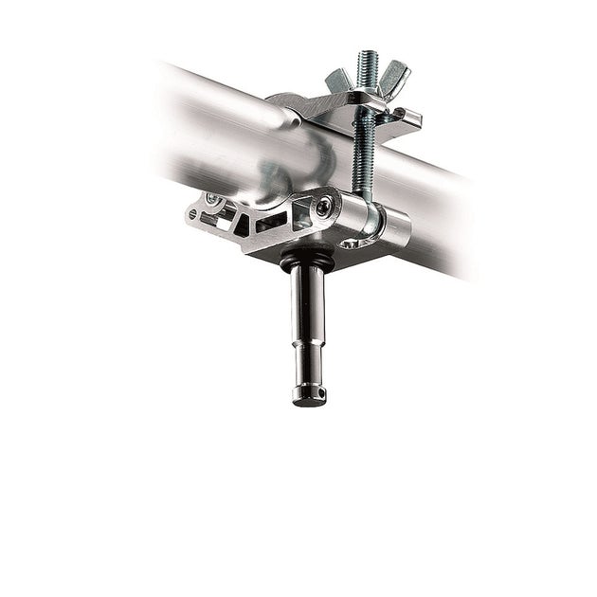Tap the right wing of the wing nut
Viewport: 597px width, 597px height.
[x=391, y=73]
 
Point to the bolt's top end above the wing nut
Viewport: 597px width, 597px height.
[x=367, y=58]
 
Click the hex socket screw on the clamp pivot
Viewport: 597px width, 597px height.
[x=325, y=205]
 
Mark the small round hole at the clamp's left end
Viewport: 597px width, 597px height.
[x=194, y=215]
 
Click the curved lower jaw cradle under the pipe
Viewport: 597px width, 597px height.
[x=275, y=190]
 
